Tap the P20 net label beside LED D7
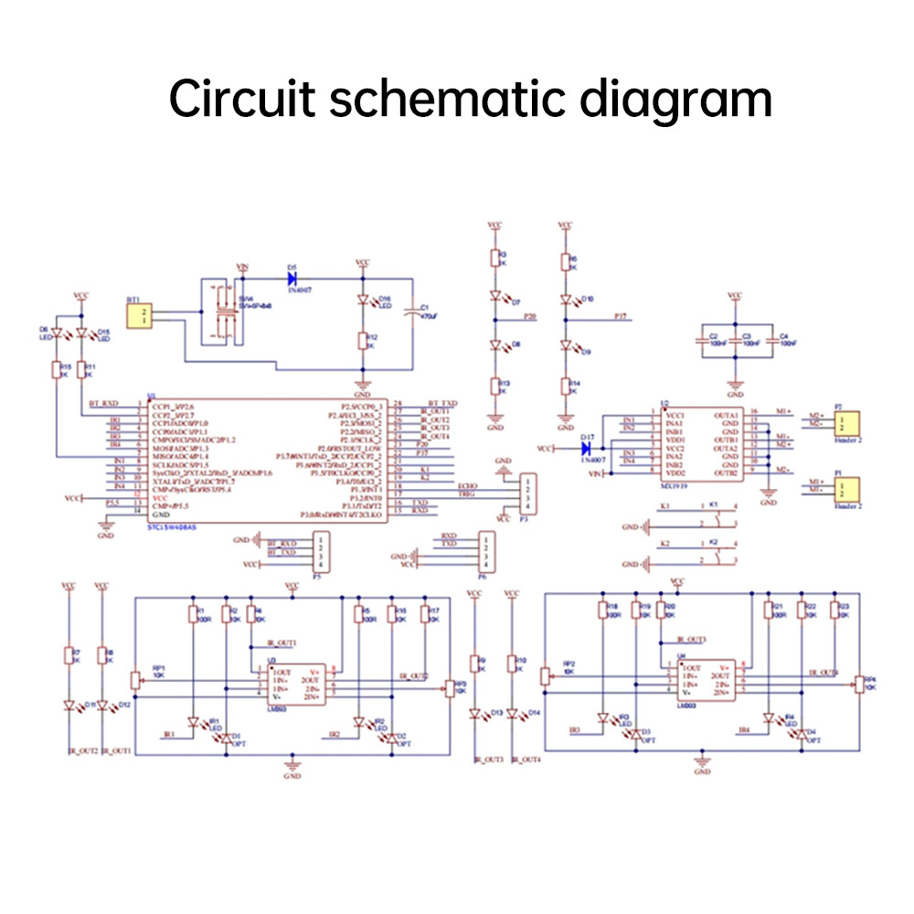tap(530, 315)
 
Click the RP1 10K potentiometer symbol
tap(136, 680)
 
